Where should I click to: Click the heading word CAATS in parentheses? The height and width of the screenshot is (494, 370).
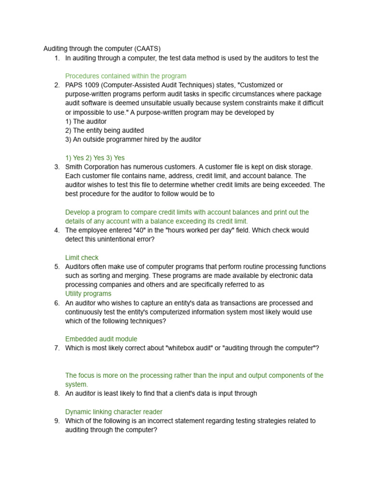point(147,49)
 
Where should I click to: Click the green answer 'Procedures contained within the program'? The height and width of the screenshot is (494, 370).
point(125,76)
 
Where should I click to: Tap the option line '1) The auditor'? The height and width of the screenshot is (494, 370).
point(86,122)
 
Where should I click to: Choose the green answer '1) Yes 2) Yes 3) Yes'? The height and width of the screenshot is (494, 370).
point(94,158)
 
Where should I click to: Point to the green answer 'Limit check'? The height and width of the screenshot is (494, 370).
point(81,258)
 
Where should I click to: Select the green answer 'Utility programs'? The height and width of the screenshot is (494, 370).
point(88,294)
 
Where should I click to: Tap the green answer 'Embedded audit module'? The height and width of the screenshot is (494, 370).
point(101,339)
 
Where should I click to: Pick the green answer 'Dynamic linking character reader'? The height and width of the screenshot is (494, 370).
point(114,412)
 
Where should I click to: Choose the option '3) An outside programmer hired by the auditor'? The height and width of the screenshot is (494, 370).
point(133,139)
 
